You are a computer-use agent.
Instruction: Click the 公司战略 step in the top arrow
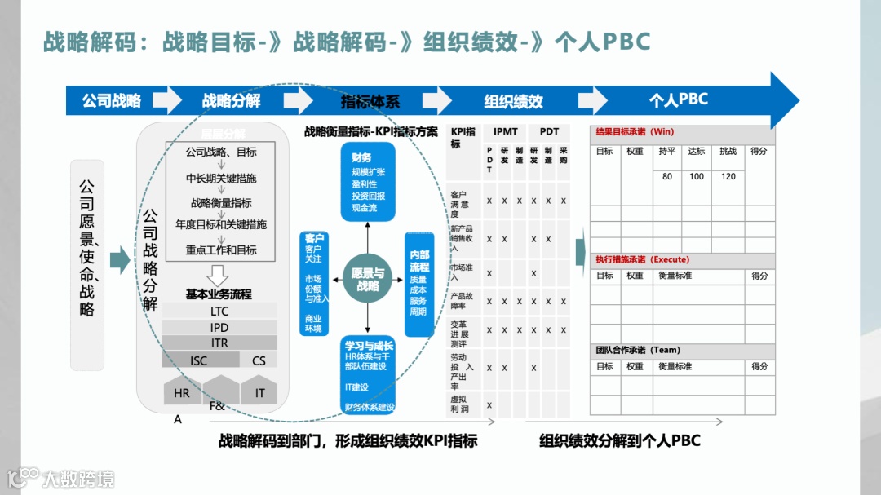click(111, 101)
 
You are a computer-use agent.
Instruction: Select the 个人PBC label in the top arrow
click(678, 99)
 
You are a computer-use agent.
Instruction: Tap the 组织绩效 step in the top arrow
click(513, 101)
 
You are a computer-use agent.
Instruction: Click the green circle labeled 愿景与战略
click(367, 279)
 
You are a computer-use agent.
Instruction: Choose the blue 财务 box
click(368, 181)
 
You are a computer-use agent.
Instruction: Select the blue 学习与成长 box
click(369, 376)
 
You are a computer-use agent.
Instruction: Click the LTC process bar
click(219, 311)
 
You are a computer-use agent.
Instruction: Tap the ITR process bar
click(219, 343)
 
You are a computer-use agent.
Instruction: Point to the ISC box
click(199, 360)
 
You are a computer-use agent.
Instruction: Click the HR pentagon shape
click(181, 392)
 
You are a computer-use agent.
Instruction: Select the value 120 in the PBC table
click(728, 176)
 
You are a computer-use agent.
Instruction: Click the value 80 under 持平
click(667, 176)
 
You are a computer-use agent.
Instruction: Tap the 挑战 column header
click(728, 151)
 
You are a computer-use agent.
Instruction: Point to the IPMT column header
click(505, 131)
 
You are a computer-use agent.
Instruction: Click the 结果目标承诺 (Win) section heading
click(635, 131)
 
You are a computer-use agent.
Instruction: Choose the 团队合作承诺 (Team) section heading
click(638, 350)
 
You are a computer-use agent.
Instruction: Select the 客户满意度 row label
click(462, 204)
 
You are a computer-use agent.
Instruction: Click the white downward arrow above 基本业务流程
click(219, 274)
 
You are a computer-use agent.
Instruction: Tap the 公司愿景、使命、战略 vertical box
click(87, 265)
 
